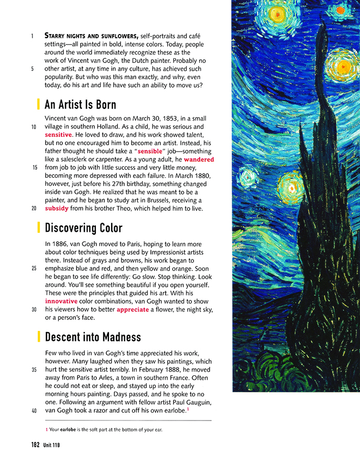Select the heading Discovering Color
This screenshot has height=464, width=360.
(x=83, y=228)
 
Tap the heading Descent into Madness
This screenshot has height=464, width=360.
(x=93, y=336)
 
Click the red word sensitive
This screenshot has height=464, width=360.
(x=58, y=135)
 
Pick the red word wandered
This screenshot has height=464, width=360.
(x=199, y=159)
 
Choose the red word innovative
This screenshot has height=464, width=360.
(x=61, y=301)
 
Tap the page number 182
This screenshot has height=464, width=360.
(x=35, y=445)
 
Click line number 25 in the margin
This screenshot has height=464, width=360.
(x=34, y=268)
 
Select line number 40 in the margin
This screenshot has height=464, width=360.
(x=34, y=411)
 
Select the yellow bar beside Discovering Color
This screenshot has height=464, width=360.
(x=39, y=228)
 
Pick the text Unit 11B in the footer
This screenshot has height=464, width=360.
(x=52, y=445)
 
